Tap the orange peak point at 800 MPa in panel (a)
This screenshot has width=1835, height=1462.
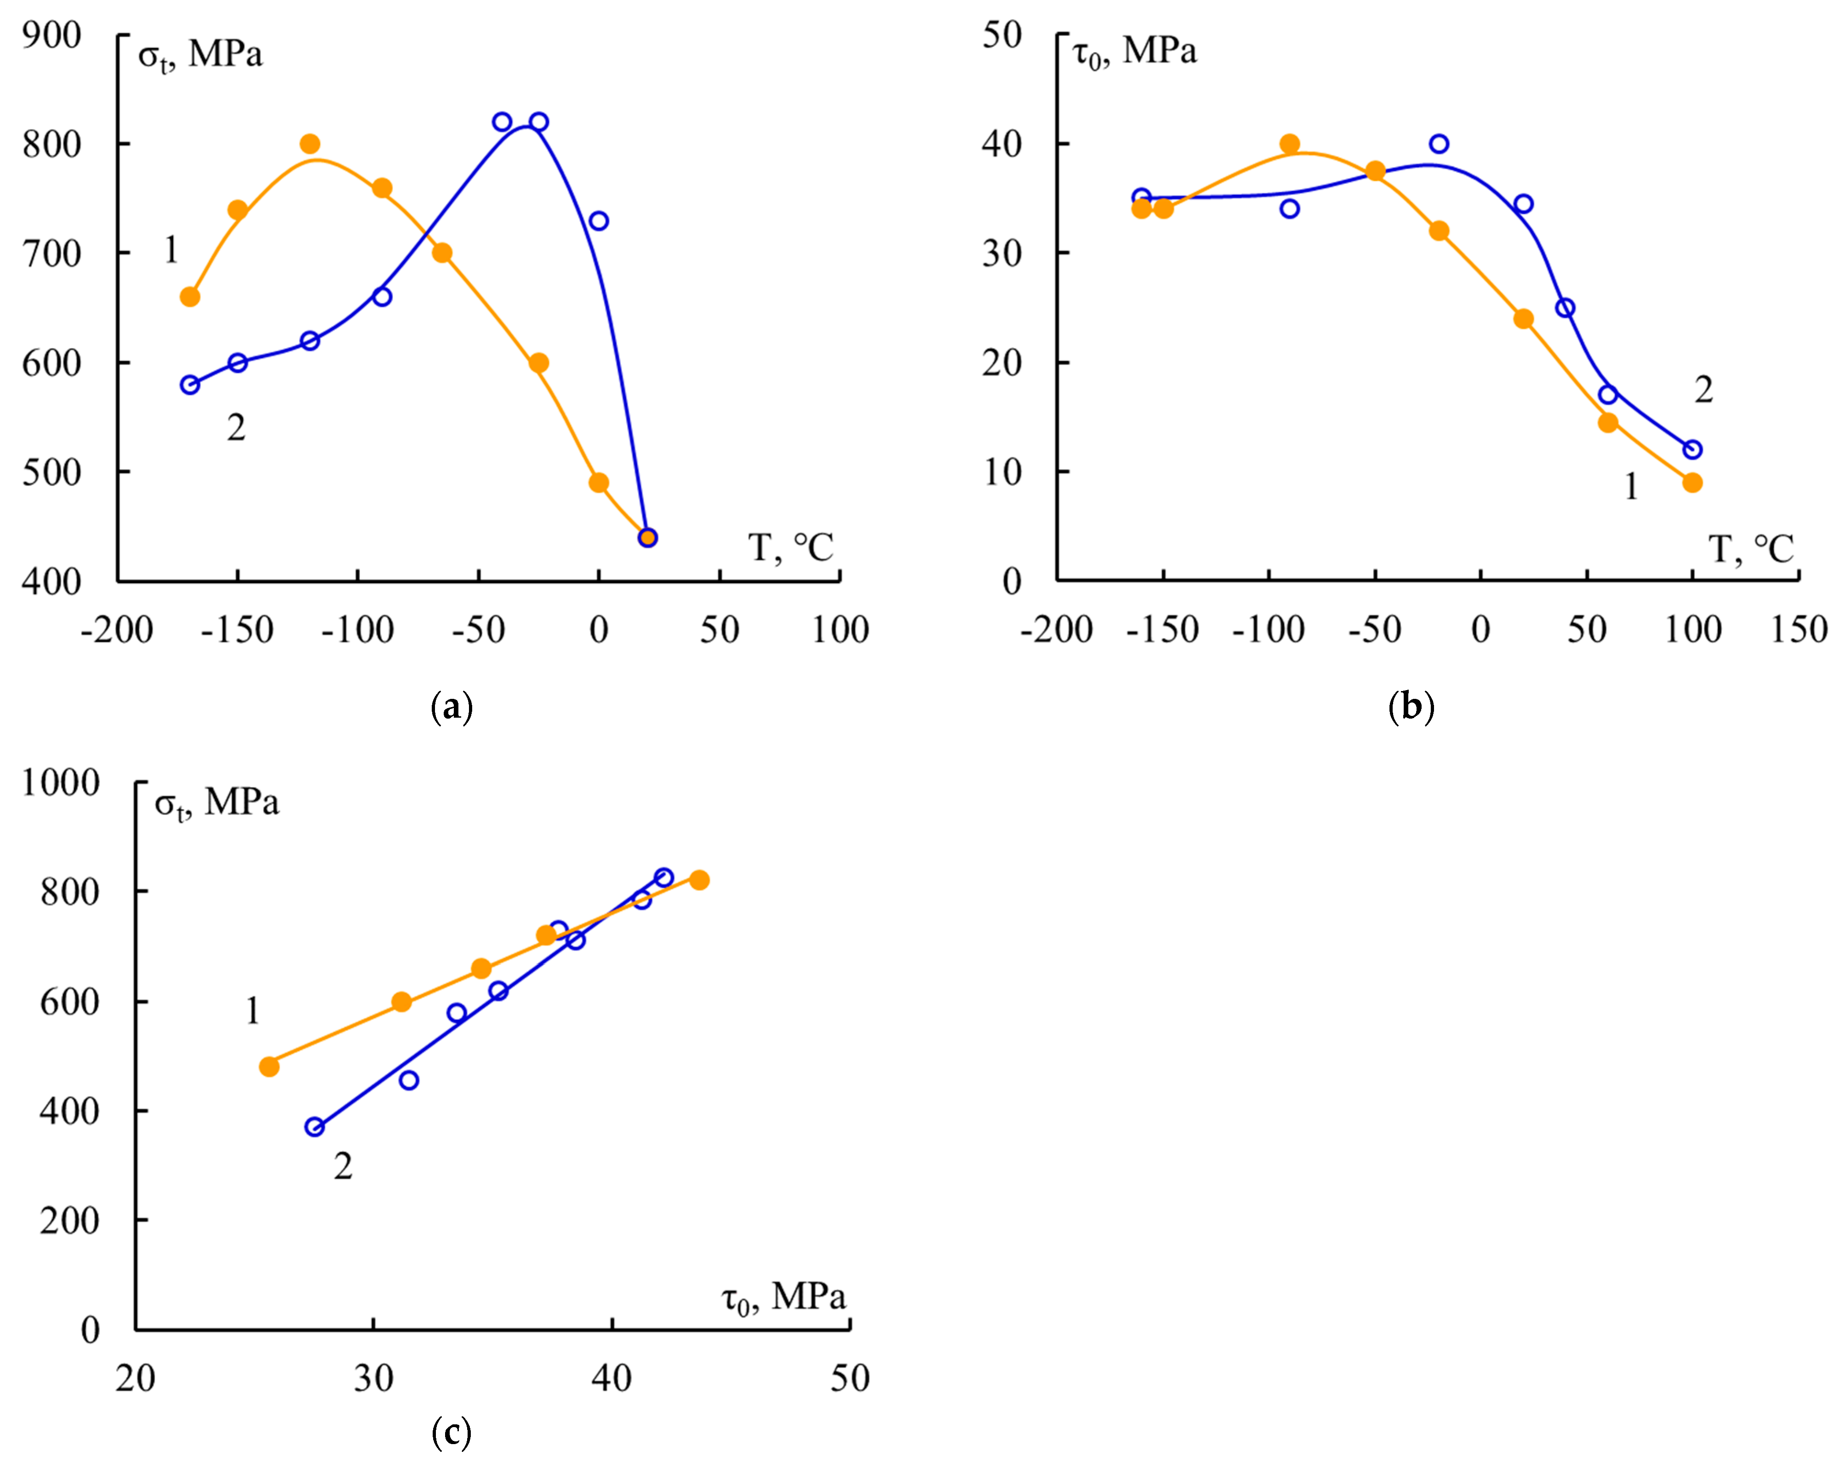(310, 144)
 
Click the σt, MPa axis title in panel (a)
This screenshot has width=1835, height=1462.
(200, 55)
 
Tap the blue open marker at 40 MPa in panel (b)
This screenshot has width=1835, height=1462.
(1439, 144)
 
